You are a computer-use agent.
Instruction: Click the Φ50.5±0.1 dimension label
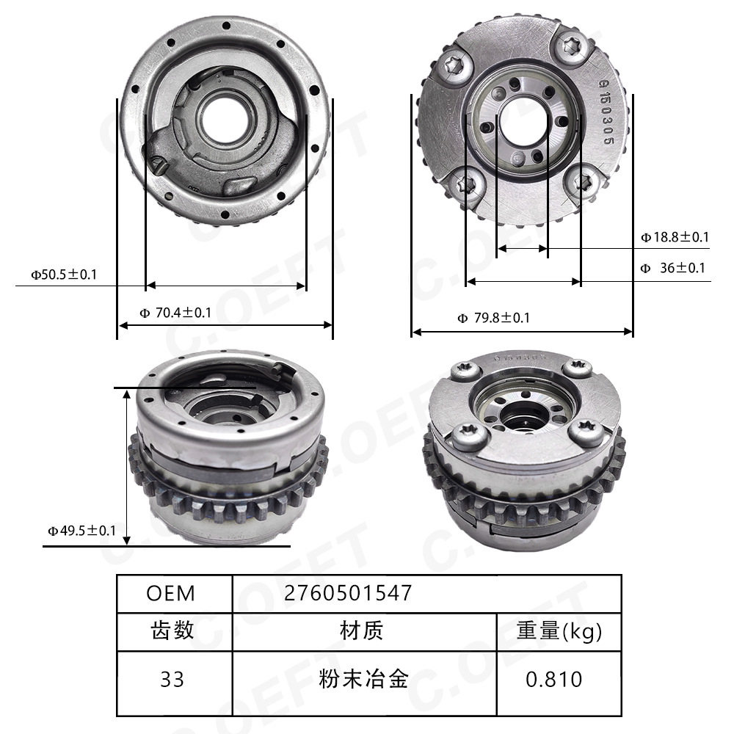63,275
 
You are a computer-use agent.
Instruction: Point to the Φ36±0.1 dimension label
672,268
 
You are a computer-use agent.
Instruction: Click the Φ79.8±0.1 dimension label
493,318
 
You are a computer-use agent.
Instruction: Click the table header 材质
362,631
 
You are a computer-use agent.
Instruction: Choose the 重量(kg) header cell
559,631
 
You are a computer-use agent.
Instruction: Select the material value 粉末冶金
363,680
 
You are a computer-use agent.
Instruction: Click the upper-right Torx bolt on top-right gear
573,48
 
